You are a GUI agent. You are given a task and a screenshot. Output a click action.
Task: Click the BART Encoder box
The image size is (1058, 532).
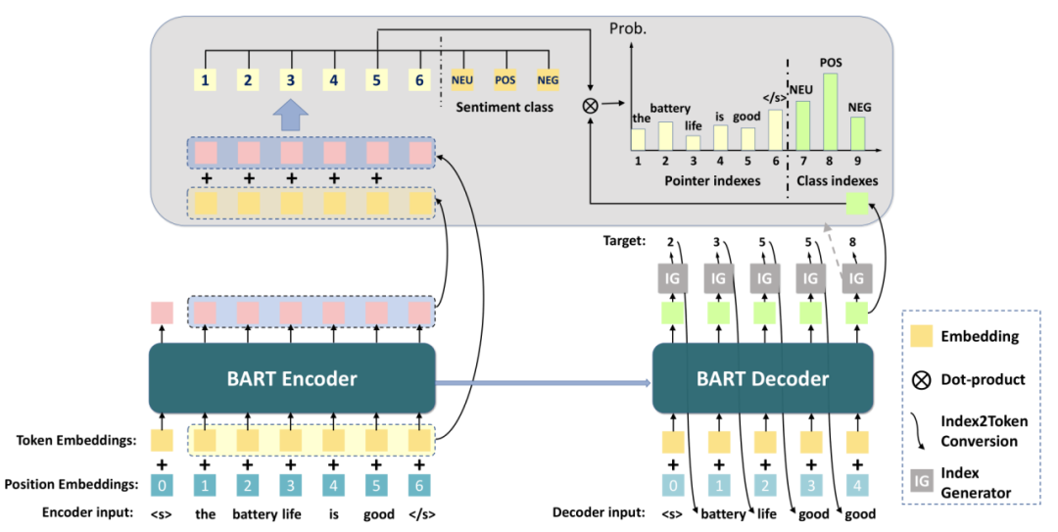(x=292, y=378)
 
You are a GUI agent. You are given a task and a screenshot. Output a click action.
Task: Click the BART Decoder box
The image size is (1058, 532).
(x=762, y=378)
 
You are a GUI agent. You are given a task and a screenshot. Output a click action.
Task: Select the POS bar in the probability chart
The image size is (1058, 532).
(x=830, y=112)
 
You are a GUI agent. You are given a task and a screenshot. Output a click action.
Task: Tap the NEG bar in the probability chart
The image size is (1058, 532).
(x=857, y=133)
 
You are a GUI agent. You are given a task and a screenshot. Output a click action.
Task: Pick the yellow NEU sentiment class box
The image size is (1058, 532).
(x=462, y=80)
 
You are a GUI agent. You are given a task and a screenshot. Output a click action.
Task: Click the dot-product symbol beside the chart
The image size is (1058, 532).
(x=591, y=105)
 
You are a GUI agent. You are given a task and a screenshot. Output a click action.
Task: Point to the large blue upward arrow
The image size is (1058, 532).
(x=290, y=117)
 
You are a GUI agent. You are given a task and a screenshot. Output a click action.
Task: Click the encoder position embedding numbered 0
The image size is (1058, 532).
(x=162, y=485)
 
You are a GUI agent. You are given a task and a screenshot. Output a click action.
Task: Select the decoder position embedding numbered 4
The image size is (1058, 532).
(x=857, y=485)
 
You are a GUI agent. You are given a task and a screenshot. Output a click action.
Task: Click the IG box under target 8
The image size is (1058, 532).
(x=856, y=278)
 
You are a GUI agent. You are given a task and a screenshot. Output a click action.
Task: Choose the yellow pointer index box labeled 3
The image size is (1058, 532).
(x=290, y=80)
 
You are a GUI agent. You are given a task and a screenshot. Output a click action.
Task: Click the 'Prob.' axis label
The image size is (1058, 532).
(x=628, y=28)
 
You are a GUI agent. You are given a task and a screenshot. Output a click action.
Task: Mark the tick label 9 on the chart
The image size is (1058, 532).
(x=857, y=162)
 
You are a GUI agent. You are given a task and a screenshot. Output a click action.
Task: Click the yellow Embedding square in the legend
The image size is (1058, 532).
(x=922, y=335)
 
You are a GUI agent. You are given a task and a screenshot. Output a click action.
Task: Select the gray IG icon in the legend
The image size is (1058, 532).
(x=922, y=481)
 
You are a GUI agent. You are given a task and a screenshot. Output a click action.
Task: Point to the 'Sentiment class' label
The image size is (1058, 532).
(x=505, y=108)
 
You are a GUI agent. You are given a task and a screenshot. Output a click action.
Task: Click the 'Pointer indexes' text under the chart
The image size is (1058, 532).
(x=712, y=181)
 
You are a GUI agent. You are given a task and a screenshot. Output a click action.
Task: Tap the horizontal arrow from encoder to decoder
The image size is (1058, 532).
(x=544, y=383)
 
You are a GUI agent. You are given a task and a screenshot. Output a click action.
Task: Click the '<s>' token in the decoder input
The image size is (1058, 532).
(x=672, y=513)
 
